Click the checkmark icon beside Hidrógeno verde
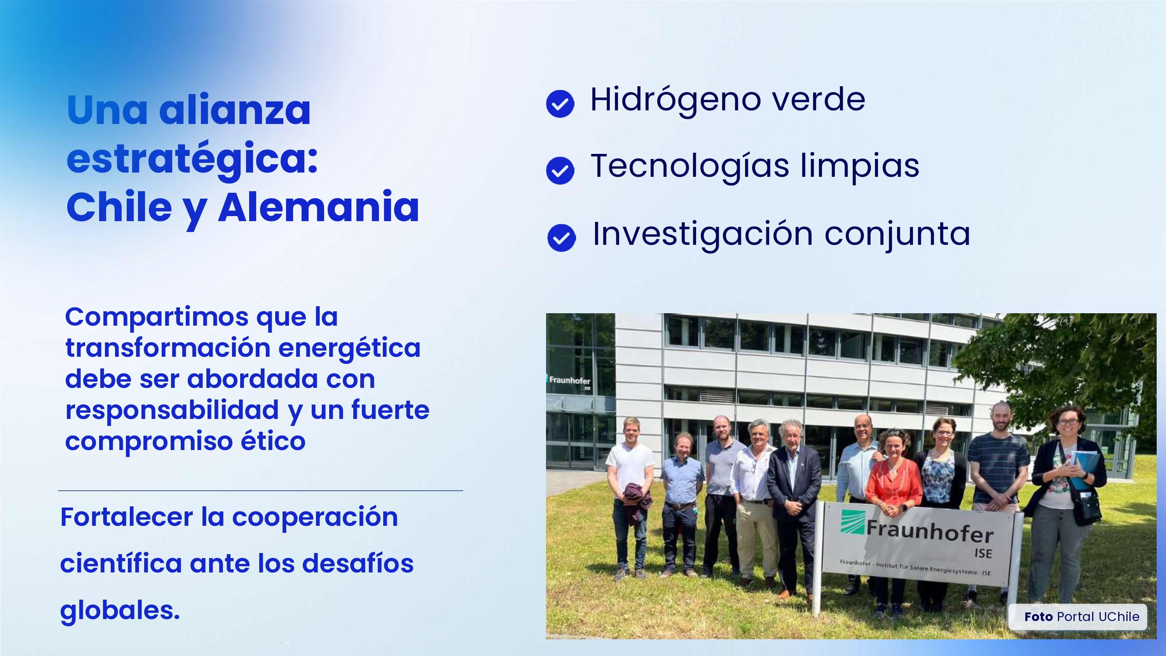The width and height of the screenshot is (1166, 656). coord(560,104)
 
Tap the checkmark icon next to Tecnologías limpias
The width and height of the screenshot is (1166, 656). coord(560,171)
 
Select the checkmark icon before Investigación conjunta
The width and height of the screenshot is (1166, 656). coord(561,238)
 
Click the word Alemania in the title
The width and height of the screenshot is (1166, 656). coord(319,208)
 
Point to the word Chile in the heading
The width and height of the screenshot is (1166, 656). coord(119,208)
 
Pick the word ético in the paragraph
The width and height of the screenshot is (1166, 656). coord(273,441)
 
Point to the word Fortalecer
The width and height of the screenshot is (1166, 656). coord(127,517)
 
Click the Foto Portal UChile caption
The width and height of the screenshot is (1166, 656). coord(1082,617)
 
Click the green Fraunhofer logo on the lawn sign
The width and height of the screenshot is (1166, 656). coord(853,522)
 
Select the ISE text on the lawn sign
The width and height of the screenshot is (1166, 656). coord(983,553)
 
